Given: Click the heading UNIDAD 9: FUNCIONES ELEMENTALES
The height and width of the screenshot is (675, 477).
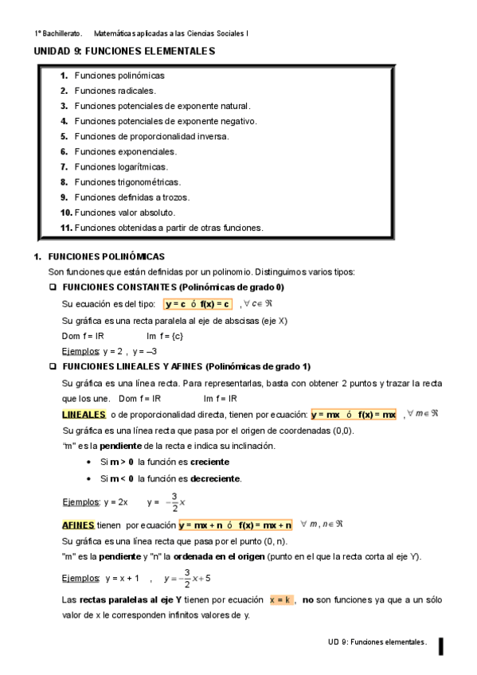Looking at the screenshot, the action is pyautogui.click(x=124, y=51).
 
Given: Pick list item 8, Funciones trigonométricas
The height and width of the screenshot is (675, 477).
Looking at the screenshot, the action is pyautogui.click(x=127, y=181).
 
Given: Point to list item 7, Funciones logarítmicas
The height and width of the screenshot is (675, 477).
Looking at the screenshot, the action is pyautogui.click(x=120, y=166).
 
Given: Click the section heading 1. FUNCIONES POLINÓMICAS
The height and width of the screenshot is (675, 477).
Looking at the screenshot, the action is pyautogui.click(x=106, y=257).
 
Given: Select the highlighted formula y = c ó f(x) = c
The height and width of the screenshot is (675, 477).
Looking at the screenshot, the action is pyautogui.click(x=197, y=304).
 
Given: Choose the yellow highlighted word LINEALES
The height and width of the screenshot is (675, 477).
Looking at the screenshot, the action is pyautogui.click(x=84, y=415).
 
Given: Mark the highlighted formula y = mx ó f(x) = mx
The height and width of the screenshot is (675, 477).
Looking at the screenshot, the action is pyautogui.click(x=354, y=415).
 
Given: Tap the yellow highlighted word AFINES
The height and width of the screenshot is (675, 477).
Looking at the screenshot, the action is pyautogui.click(x=78, y=525).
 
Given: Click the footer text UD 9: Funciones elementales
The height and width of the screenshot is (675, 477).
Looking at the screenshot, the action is pyautogui.click(x=377, y=641).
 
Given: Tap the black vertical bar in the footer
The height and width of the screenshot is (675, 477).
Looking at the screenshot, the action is pyautogui.click(x=440, y=646).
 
